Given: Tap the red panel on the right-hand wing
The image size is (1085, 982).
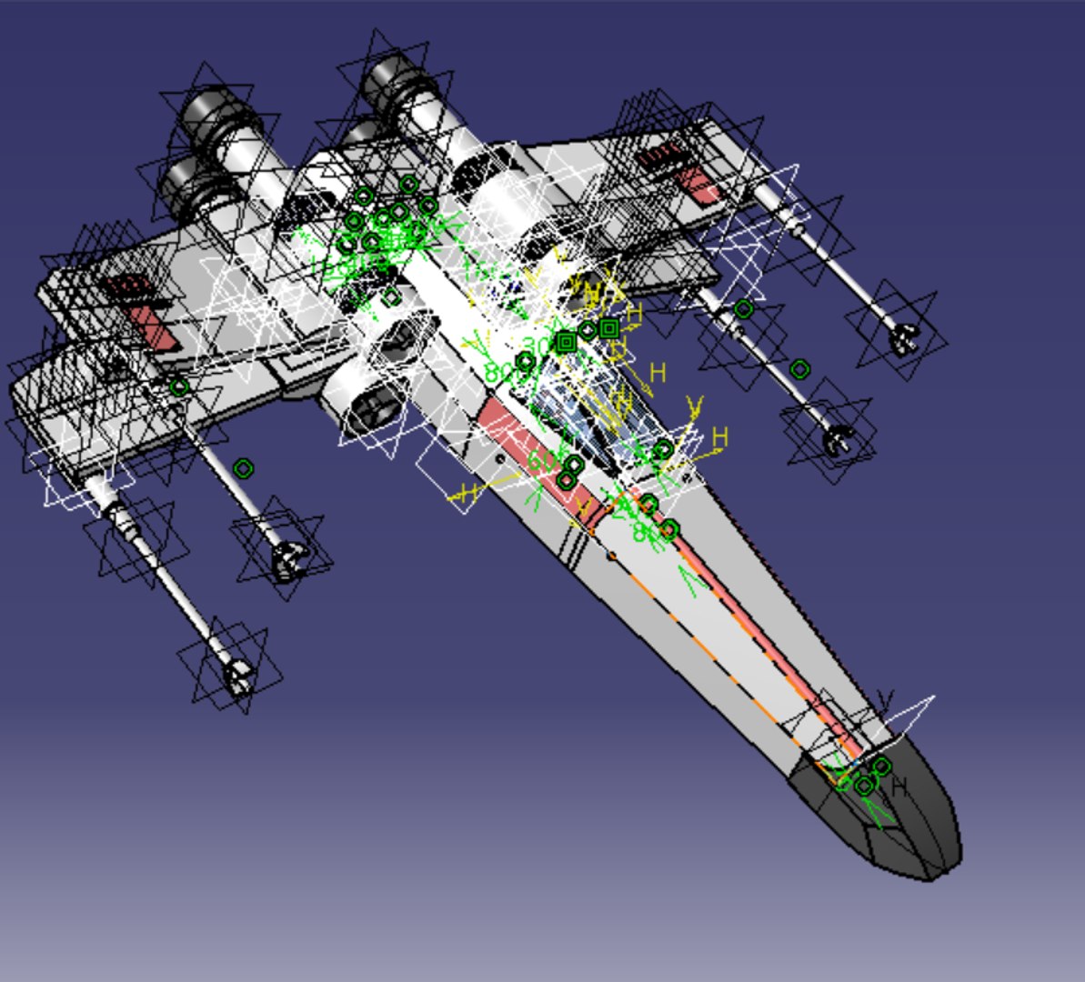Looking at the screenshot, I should point(700,185).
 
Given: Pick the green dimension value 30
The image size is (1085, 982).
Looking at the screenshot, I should point(537,346).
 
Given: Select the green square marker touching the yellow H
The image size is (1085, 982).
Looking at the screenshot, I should point(609,328).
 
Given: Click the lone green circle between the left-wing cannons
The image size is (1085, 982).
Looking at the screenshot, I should point(243,468).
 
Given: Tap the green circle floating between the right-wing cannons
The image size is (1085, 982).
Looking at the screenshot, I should point(799,368).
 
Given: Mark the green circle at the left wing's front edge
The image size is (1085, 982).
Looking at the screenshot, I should point(179,387).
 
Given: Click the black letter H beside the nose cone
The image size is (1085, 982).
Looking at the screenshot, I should point(900,787).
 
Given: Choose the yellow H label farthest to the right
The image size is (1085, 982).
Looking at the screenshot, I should point(720,437).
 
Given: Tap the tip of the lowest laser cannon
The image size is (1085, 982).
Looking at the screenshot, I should point(237,677).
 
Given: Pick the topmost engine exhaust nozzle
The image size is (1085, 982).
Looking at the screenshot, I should point(390,77).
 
